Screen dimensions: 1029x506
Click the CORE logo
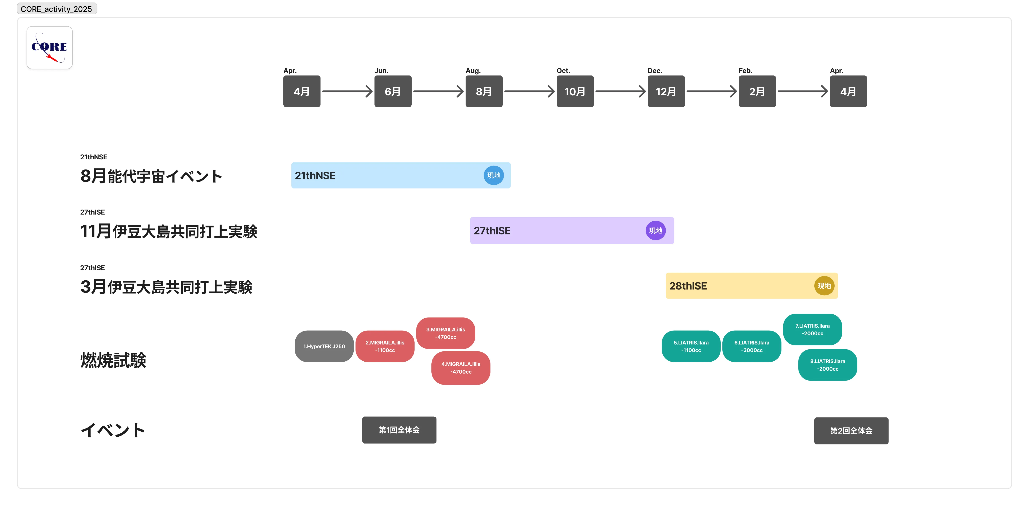click(x=50, y=47)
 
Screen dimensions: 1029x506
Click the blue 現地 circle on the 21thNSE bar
click(x=494, y=175)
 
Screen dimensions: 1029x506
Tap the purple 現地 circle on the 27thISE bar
click(x=656, y=230)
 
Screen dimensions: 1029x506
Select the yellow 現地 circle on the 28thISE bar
click(x=824, y=285)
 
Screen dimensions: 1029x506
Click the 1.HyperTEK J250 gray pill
click(x=324, y=346)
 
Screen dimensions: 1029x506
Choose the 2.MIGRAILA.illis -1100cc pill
click(x=385, y=346)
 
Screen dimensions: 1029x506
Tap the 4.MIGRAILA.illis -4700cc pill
click(x=461, y=368)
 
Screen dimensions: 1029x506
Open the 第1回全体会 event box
click(x=399, y=430)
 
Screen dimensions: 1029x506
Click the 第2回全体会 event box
click(x=851, y=431)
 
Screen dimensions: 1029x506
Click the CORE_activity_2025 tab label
click(x=56, y=9)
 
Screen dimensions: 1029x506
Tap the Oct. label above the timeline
click(x=563, y=71)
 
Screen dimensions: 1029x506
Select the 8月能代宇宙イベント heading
click(x=151, y=176)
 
